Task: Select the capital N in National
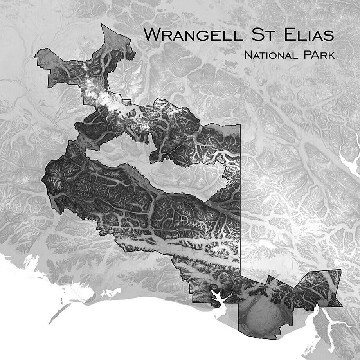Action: click(x=248, y=55)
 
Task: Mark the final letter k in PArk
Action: click(x=332, y=55)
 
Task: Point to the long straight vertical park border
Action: click(x=239, y=196)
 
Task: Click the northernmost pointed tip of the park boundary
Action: click(x=102, y=25)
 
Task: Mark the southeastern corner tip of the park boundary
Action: click(x=341, y=306)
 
